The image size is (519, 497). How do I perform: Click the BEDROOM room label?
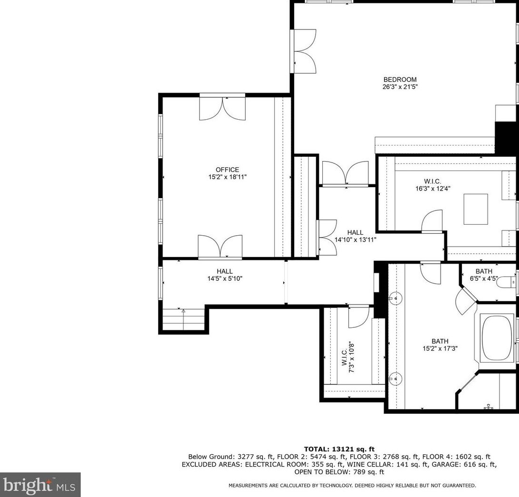point(400,79)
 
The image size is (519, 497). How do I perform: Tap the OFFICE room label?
point(227,170)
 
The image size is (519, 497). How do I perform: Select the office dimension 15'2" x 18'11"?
point(227,177)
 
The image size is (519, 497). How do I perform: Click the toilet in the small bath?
point(507,282)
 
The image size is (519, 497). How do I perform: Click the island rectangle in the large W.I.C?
point(476,210)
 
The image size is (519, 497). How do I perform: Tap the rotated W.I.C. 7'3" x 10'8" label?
point(348,357)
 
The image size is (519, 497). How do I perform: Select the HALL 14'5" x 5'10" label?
point(225,275)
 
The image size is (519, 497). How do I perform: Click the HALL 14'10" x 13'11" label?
point(355,236)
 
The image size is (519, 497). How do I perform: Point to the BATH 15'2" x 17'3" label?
point(440,345)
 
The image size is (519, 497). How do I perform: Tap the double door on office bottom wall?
point(220,246)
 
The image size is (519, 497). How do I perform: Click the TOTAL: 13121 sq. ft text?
point(339,449)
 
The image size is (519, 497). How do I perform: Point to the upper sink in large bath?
point(395,298)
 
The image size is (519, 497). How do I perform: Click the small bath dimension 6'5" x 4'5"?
point(483,278)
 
